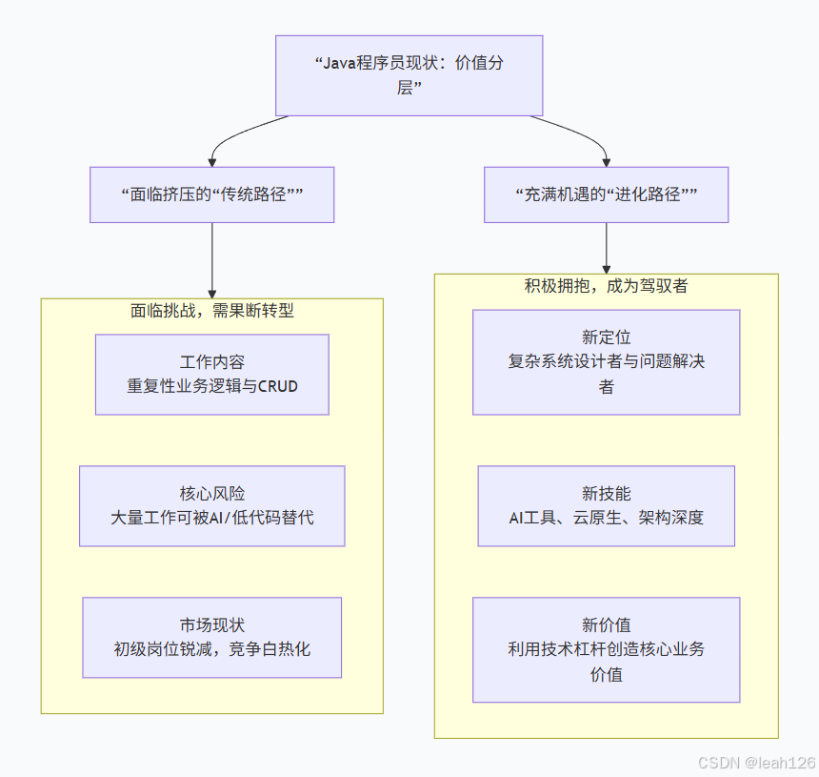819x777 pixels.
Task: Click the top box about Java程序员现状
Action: tap(409, 75)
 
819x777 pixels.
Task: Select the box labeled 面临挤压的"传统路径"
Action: tap(211, 194)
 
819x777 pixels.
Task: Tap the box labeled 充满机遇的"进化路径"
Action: tap(606, 194)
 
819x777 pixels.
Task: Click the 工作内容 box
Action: tap(211, 374)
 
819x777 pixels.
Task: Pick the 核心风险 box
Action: tap(211, 505)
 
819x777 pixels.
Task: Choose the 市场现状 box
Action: tap(211, 637)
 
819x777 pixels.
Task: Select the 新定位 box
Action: tap(606, 361)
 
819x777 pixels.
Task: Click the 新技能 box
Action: tap(606, 505)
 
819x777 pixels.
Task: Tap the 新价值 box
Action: tap(606, 649)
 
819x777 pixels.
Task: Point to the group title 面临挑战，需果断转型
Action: tap(211, 311)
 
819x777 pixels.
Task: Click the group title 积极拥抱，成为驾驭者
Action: tap(606, 286)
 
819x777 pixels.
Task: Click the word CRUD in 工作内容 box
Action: tap(278, 386)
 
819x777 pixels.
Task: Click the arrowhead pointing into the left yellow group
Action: tap(211, 293)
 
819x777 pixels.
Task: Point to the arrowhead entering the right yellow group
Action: tap(606, 268)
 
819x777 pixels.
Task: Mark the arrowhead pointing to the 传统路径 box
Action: tap(211, 161)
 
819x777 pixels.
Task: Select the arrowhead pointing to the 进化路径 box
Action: tap(606, 161)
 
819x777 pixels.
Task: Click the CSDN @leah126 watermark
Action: tap(756, 763)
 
